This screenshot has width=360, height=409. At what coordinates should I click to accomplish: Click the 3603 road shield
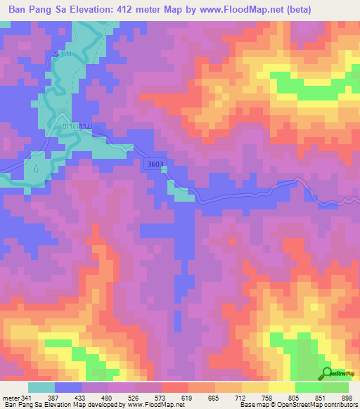coord(157,164)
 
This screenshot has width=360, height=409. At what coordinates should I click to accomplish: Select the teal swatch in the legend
coord(41,387)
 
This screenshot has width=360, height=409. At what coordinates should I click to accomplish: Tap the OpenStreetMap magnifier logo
coord(328,374)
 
